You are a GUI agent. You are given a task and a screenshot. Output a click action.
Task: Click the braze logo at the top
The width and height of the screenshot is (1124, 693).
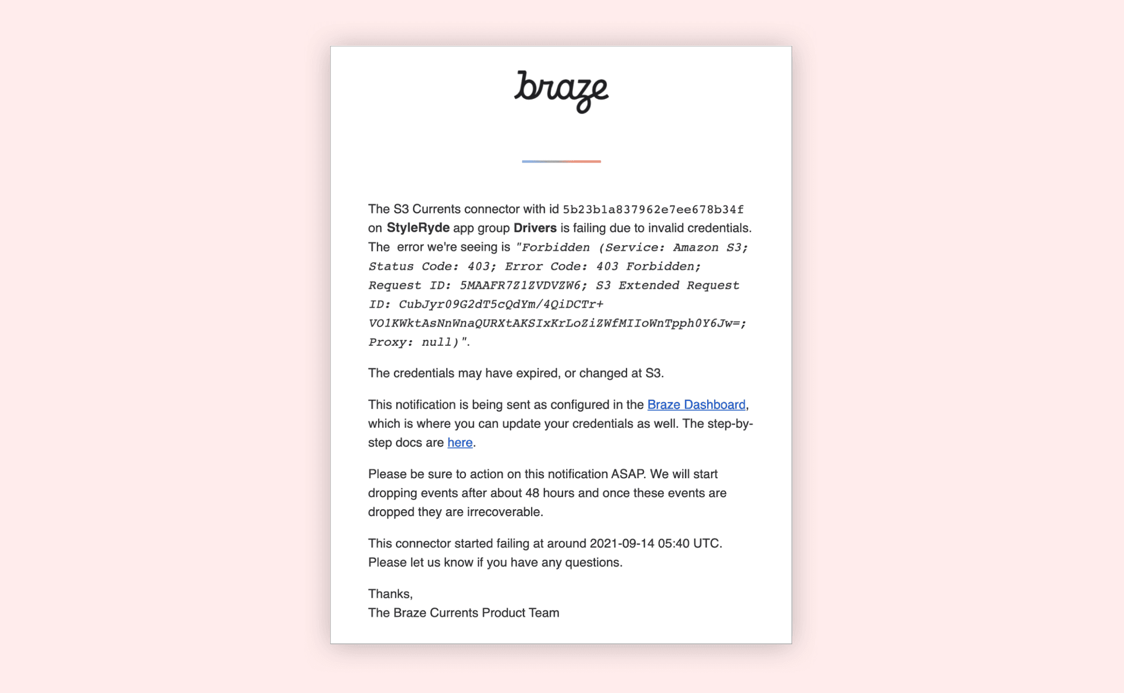click(561, 91)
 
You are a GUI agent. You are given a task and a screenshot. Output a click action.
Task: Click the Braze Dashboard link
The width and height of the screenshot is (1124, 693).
click(696, 404)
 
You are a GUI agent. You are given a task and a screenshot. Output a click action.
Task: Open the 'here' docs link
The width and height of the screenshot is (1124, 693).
click(460, 442)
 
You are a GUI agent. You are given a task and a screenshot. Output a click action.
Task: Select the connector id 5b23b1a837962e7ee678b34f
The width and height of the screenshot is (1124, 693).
click(653, 210)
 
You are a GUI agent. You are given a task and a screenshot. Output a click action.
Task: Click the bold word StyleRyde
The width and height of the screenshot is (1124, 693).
click(418, 228)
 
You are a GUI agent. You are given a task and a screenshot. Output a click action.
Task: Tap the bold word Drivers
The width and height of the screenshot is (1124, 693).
click(534, 228)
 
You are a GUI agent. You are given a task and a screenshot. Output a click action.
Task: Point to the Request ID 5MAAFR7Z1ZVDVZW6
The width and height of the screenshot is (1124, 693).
click(523, 286)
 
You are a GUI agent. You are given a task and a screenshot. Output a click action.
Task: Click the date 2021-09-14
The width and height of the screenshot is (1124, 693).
click(622, 543)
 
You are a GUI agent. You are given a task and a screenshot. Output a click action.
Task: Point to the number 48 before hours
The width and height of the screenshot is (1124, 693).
click(532, 493)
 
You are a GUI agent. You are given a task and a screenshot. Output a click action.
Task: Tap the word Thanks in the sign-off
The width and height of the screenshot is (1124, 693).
click(389, 593)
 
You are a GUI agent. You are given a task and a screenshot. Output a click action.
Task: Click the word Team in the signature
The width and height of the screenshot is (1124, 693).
click(544, 613)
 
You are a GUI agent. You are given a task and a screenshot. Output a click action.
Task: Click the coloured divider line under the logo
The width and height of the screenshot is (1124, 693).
click(561, 161)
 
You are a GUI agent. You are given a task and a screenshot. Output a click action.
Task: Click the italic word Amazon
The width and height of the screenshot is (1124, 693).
click(695, 248)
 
